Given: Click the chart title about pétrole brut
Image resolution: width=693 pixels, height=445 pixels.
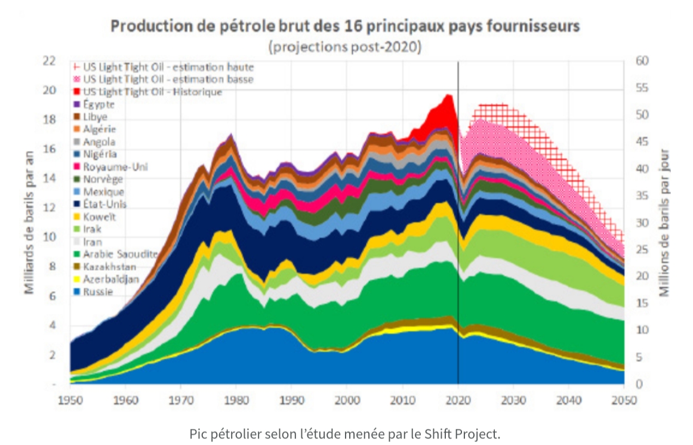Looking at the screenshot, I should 346,27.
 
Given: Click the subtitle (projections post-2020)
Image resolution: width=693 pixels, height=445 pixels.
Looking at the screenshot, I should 345,47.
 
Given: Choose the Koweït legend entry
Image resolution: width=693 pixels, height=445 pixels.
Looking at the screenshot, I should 100,217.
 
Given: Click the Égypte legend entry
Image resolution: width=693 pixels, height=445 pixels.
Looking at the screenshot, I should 99,104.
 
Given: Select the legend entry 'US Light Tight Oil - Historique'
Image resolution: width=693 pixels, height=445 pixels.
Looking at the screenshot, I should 152,92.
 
